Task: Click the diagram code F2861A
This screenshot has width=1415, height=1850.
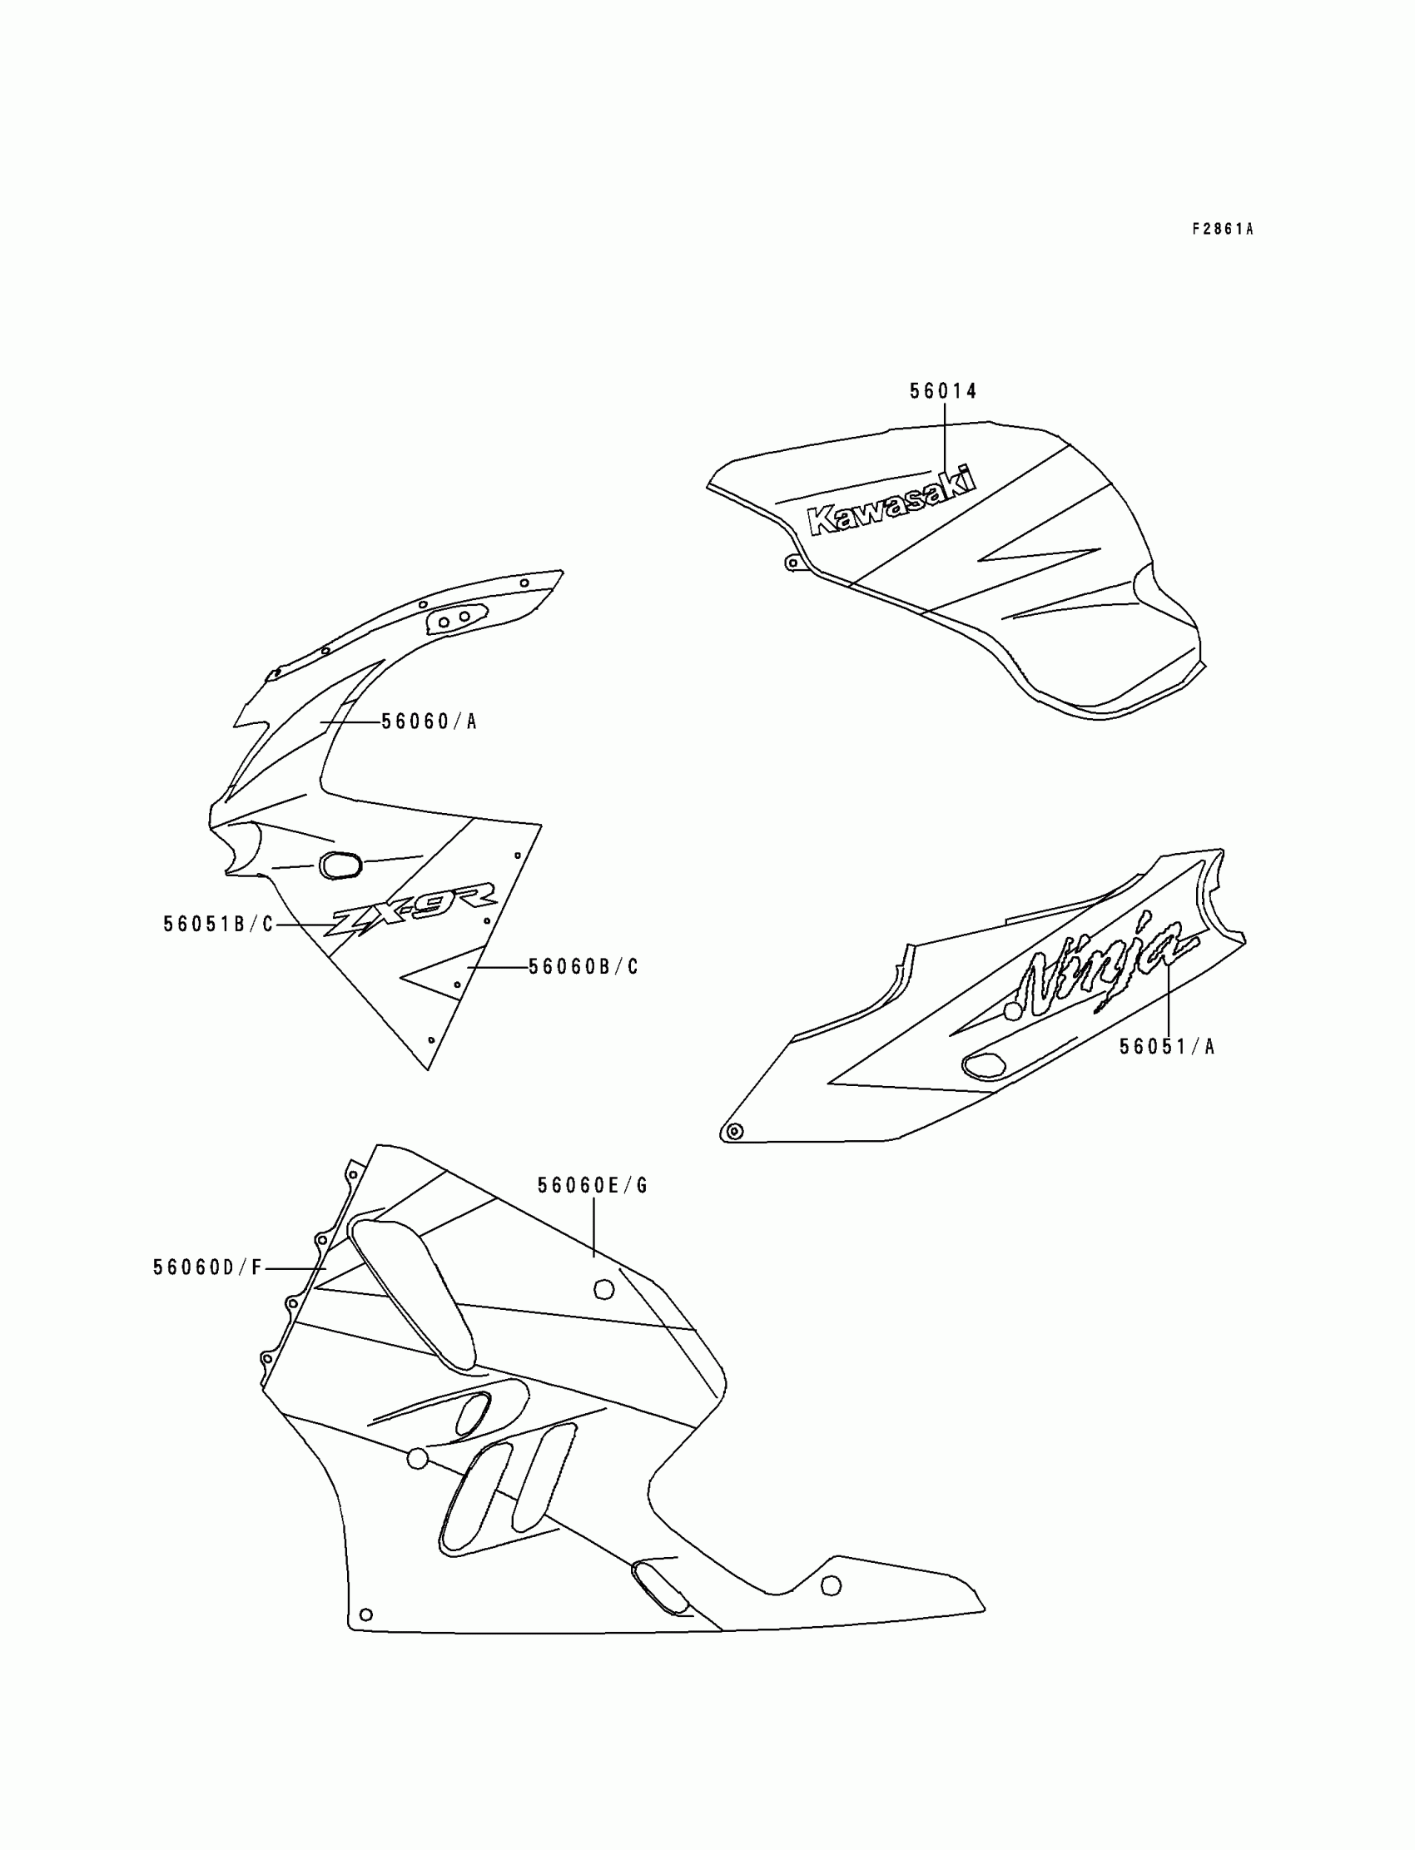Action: [x=1222, y=229]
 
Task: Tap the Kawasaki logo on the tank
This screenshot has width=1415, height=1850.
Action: [x=891, y=503]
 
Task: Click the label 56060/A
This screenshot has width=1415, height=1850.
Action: [x=429, y=722]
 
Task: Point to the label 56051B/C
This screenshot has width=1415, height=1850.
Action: [x=218, y=925]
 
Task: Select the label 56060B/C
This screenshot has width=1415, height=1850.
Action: [x=583, y=967]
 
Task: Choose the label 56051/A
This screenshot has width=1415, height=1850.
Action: [x=1166, y=1047]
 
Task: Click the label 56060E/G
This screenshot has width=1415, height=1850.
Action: [x=593, y=1186]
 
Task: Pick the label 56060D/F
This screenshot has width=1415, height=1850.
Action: [x=208, y=1267]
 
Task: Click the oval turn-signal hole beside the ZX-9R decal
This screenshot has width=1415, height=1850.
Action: [x=340, y=865]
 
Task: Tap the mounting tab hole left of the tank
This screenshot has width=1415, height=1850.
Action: [x=790, y=563]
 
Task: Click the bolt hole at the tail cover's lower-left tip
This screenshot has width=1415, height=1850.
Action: [x=733, y=1131]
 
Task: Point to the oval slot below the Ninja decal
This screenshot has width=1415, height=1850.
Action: [x=984, y=1065]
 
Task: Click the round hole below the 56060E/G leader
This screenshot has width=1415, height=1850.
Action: [x=604, y=1289]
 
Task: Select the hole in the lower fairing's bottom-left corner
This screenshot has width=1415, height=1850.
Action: [x=365, y=1614]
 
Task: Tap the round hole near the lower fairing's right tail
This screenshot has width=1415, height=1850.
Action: [x=831, y=1585]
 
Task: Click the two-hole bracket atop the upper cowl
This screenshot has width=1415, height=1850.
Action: [x=454, y=619]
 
